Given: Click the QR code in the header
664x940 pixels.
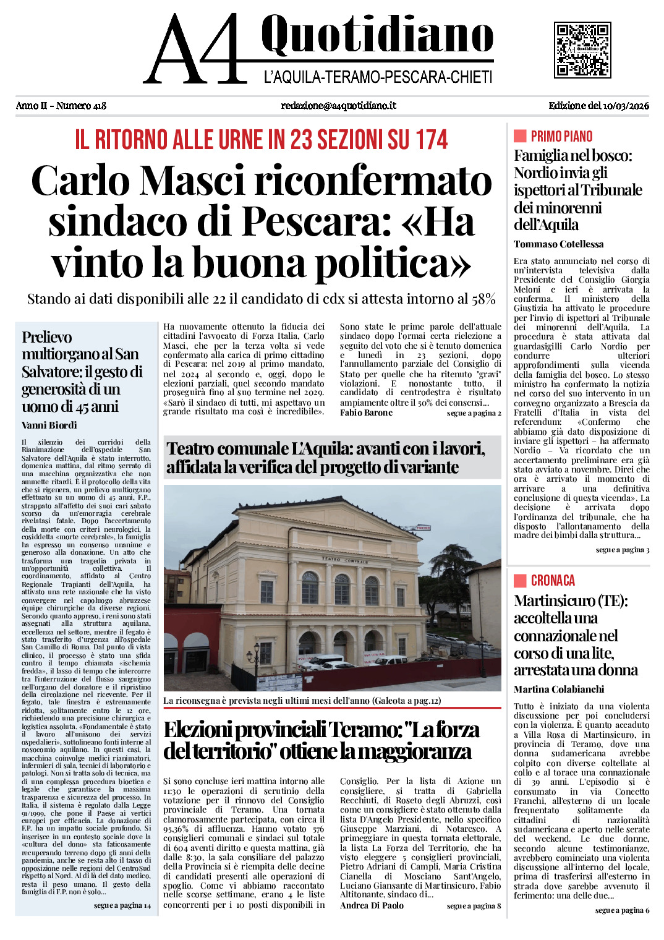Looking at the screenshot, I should (x=582, y=50).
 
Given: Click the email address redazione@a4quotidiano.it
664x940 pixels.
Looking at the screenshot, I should (x=338, y=106).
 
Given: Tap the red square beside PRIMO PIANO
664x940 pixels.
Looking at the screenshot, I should (x=520, y=136).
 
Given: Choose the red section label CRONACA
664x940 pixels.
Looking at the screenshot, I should (x=553, y=581).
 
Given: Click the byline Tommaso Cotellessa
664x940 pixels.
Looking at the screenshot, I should (x=558, y=244).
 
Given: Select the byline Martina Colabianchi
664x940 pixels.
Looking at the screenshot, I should (x=558, y=690).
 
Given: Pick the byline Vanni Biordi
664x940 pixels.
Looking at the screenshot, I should (x=49, y=425).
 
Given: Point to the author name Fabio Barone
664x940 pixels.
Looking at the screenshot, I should (x=366, y=413).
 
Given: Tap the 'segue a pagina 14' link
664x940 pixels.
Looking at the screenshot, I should (x=122, y=905).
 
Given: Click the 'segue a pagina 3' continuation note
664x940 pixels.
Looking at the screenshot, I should (x=622, y=550).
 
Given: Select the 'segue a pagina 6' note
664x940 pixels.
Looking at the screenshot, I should (x=622, y=910).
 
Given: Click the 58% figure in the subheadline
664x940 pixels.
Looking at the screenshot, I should (x=484, y=299).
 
